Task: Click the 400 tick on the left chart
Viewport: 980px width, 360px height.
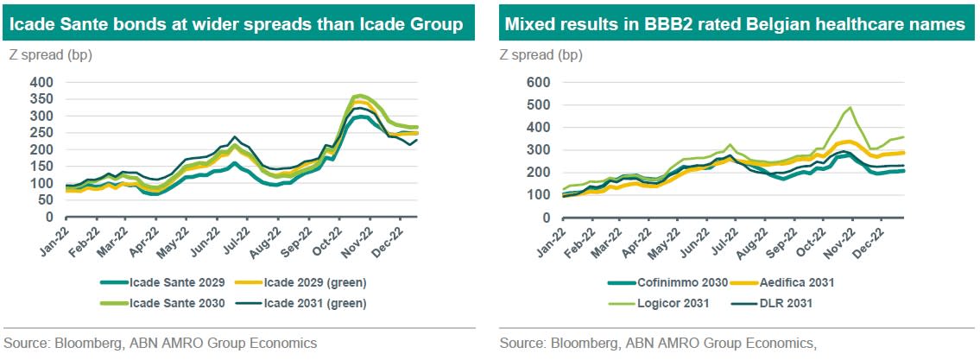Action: tap(42, 82)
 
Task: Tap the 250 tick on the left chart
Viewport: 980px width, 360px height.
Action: tap(42, 133)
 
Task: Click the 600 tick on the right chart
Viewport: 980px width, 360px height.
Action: tap(538, 82)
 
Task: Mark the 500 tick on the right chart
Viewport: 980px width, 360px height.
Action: tap(538, 105)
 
